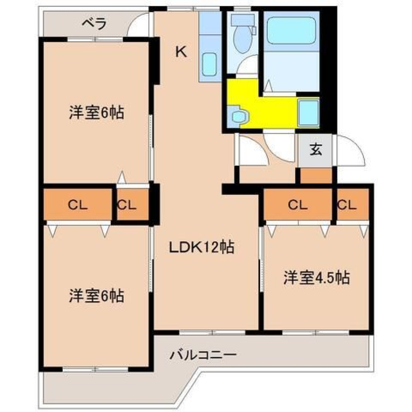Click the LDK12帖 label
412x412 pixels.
201,247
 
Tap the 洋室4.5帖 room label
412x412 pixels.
316,278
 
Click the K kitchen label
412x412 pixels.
181,51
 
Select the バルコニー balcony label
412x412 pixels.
203,355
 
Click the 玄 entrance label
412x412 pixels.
315,150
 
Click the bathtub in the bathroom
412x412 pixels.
292,31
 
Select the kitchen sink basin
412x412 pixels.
209,64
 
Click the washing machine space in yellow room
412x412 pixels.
309,113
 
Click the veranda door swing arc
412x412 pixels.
137,24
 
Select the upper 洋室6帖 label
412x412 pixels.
97,113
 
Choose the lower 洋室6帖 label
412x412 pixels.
97,296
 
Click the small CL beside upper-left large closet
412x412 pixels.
127,205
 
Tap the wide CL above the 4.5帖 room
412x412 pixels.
298,205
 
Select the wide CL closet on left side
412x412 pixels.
77,205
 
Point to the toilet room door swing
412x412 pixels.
246,65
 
